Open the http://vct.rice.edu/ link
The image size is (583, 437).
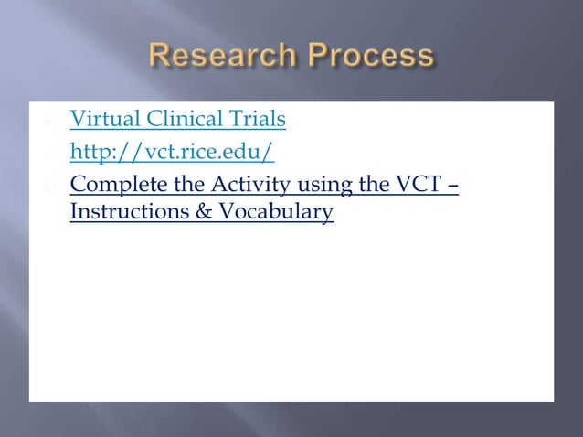172,152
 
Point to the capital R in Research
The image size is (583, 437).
162,57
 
